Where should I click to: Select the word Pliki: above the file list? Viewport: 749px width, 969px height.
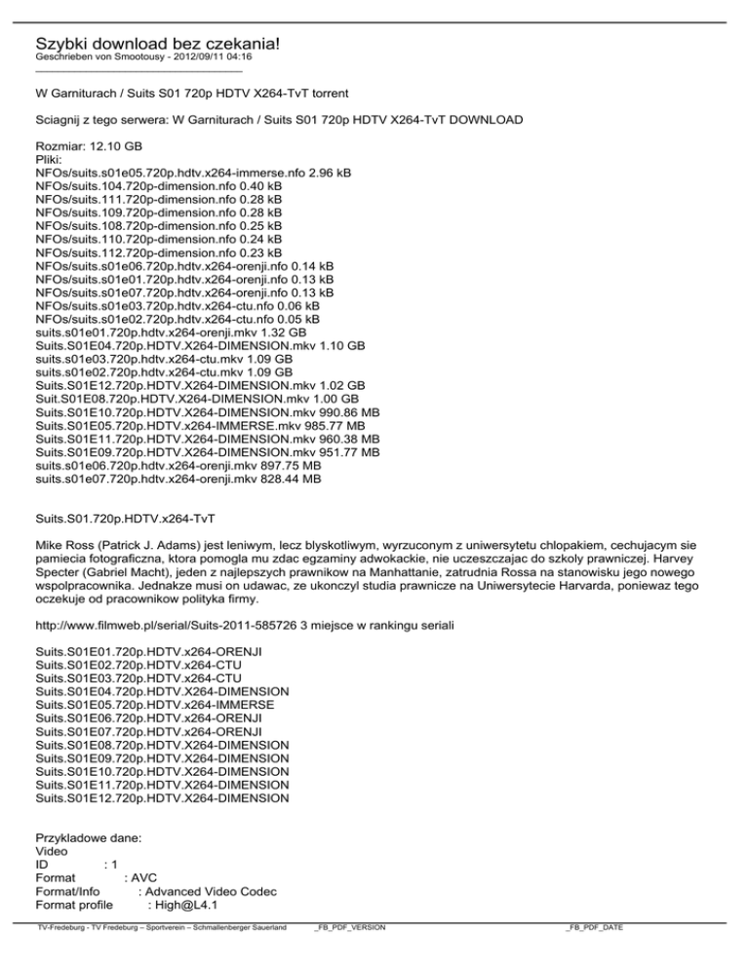click(x=51, y=159)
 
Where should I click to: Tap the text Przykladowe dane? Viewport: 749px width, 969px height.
click(x=89, y=837)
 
